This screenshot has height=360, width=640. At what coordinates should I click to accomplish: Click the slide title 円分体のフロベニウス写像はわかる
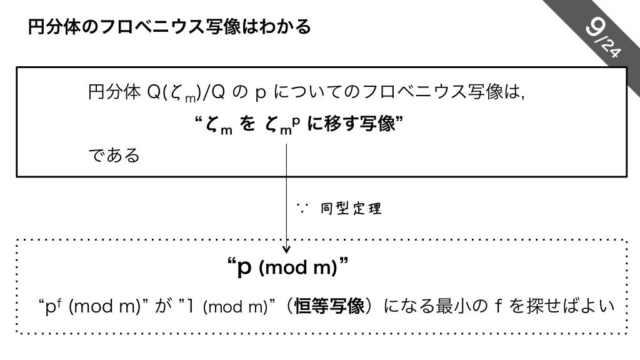tap(169, 27)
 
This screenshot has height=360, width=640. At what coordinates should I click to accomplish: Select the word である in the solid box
tap(114, 155)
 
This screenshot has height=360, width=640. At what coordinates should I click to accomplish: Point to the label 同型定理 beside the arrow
tap(351, 209)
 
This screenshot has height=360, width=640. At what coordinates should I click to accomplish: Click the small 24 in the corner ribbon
tap(611, 49)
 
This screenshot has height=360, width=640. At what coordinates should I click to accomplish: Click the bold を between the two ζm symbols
tap(248, 124)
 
